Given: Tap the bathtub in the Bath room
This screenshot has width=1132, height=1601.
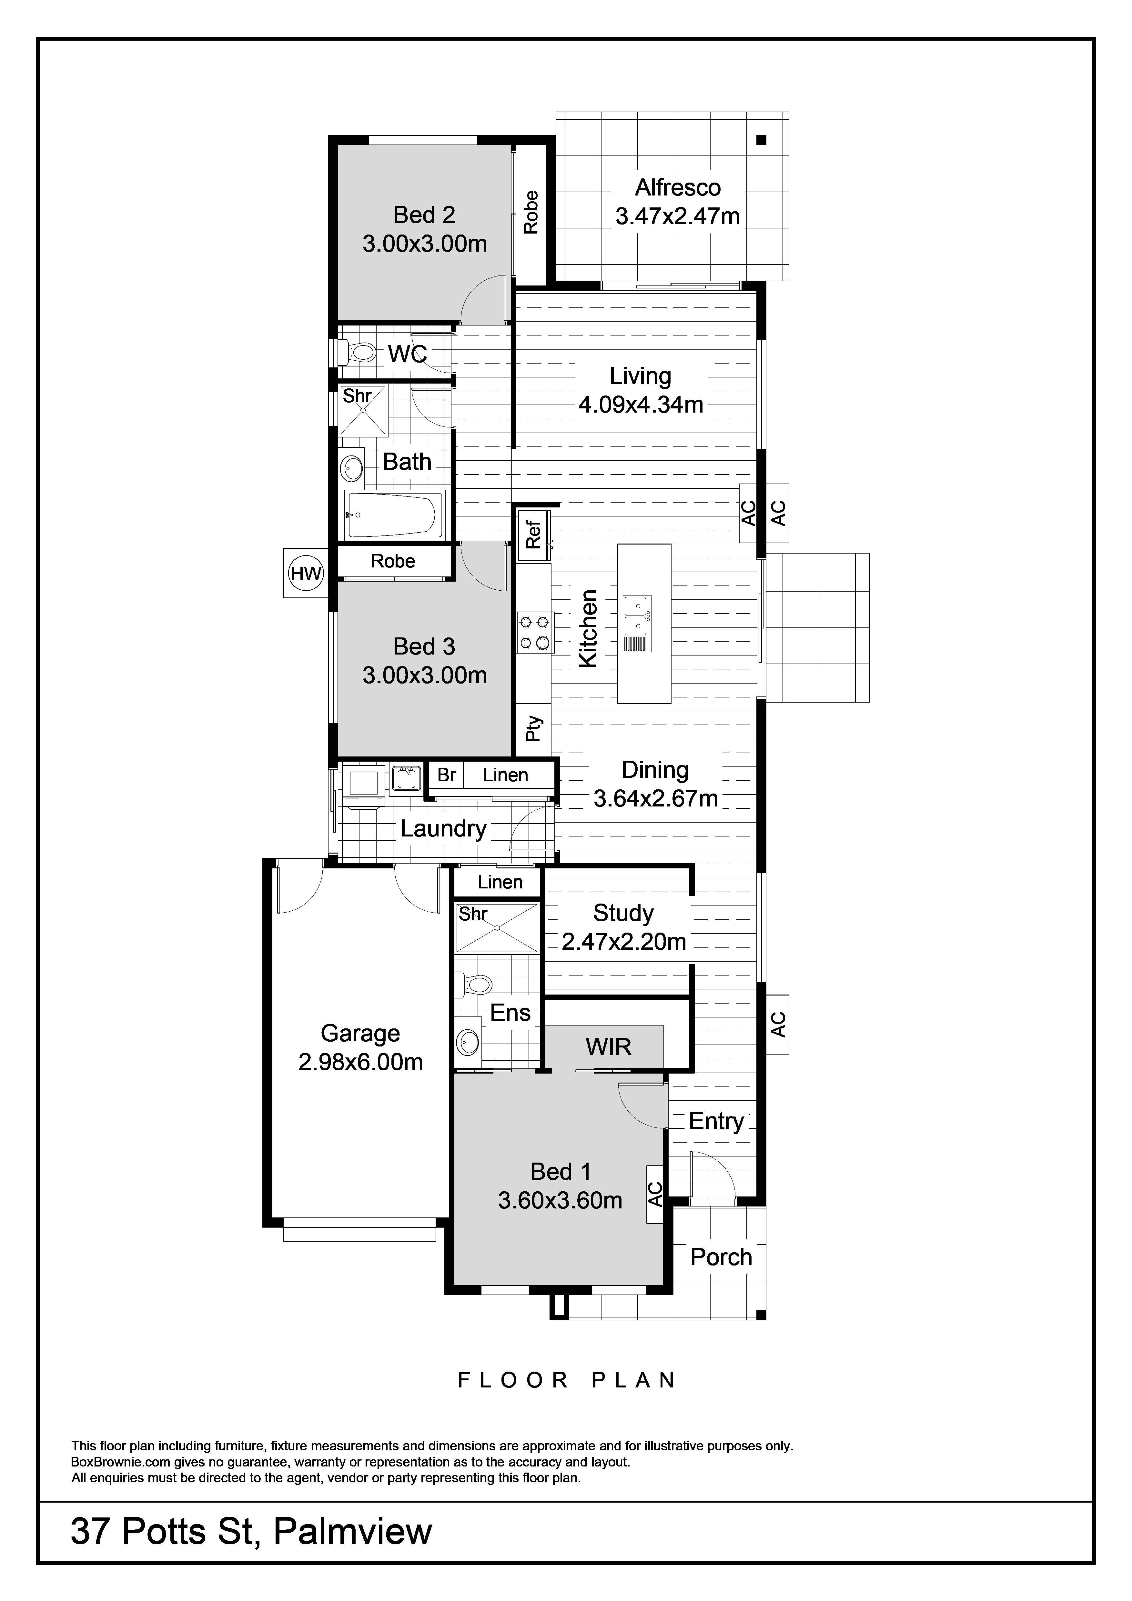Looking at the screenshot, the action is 394,515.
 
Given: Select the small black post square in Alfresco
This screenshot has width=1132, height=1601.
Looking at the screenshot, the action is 761,139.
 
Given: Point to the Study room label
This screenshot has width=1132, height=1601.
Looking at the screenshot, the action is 623,913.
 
